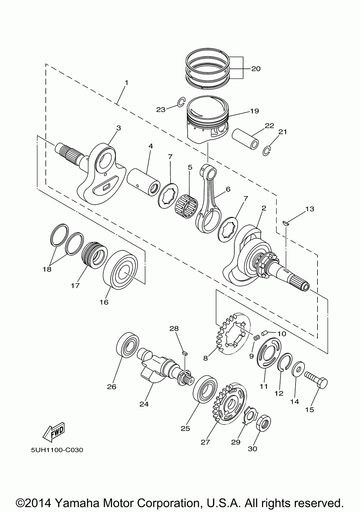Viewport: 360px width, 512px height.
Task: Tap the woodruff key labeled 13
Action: tap(286, 223)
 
